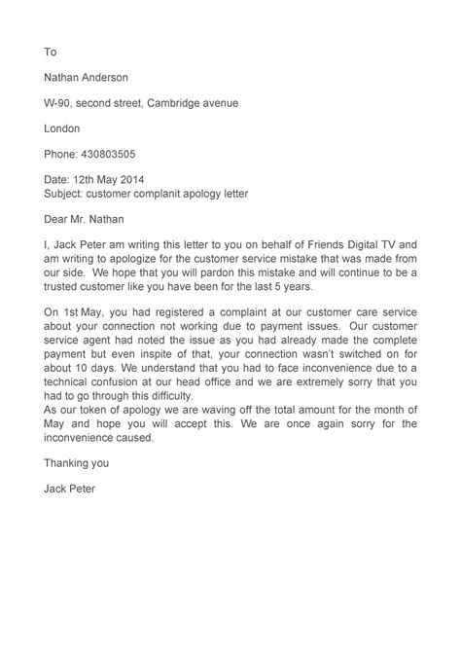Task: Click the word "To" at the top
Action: [x=52, y=52]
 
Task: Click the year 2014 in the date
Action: [x=139, y=180]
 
